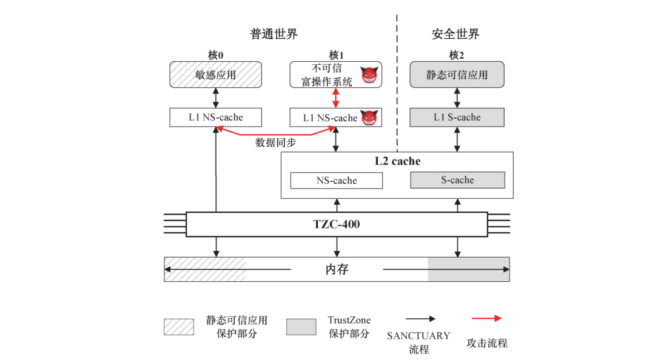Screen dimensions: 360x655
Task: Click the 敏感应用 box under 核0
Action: point(215,75)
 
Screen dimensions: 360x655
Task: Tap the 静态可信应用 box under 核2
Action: point(457,75)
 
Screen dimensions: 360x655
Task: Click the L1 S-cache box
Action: point(457,118)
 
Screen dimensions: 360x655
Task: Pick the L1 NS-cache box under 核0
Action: point(215,118)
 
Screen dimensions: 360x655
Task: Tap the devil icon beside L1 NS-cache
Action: point(369,118)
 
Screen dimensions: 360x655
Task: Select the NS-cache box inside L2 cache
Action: point(337,181)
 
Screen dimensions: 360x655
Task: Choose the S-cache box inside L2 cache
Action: point(457,180)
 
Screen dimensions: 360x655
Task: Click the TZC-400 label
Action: point(337,224)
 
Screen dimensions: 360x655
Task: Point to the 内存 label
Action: point(337,269)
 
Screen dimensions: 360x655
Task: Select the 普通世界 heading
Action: point(274,34)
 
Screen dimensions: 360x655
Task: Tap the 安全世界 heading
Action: point(456,34)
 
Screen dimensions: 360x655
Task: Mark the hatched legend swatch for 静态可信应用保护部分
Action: point(178,327)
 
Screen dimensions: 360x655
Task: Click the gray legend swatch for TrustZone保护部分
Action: point(301,327)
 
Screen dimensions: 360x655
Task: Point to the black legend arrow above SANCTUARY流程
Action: point(418,318)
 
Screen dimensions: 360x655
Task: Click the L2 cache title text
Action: point(397,161)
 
